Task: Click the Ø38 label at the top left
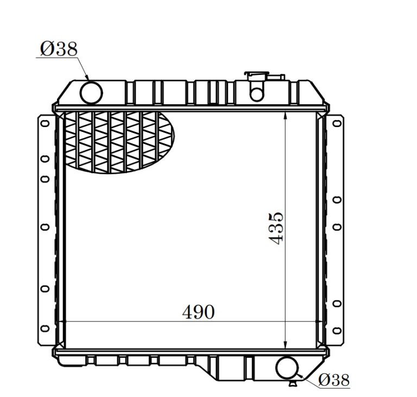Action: click(58, 49)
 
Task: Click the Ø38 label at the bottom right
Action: click(333, 380)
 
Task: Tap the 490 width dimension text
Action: click(198, 312)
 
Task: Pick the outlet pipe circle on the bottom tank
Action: click(287, 368)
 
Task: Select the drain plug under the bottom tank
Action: click(293, 383)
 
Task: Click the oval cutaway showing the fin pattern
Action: click(119, 142)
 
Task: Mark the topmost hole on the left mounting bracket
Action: click(45, 123)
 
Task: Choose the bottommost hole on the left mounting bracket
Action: click(45, 327)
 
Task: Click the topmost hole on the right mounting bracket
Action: click(337, 123)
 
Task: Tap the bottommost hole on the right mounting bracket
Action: click(337, 327)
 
